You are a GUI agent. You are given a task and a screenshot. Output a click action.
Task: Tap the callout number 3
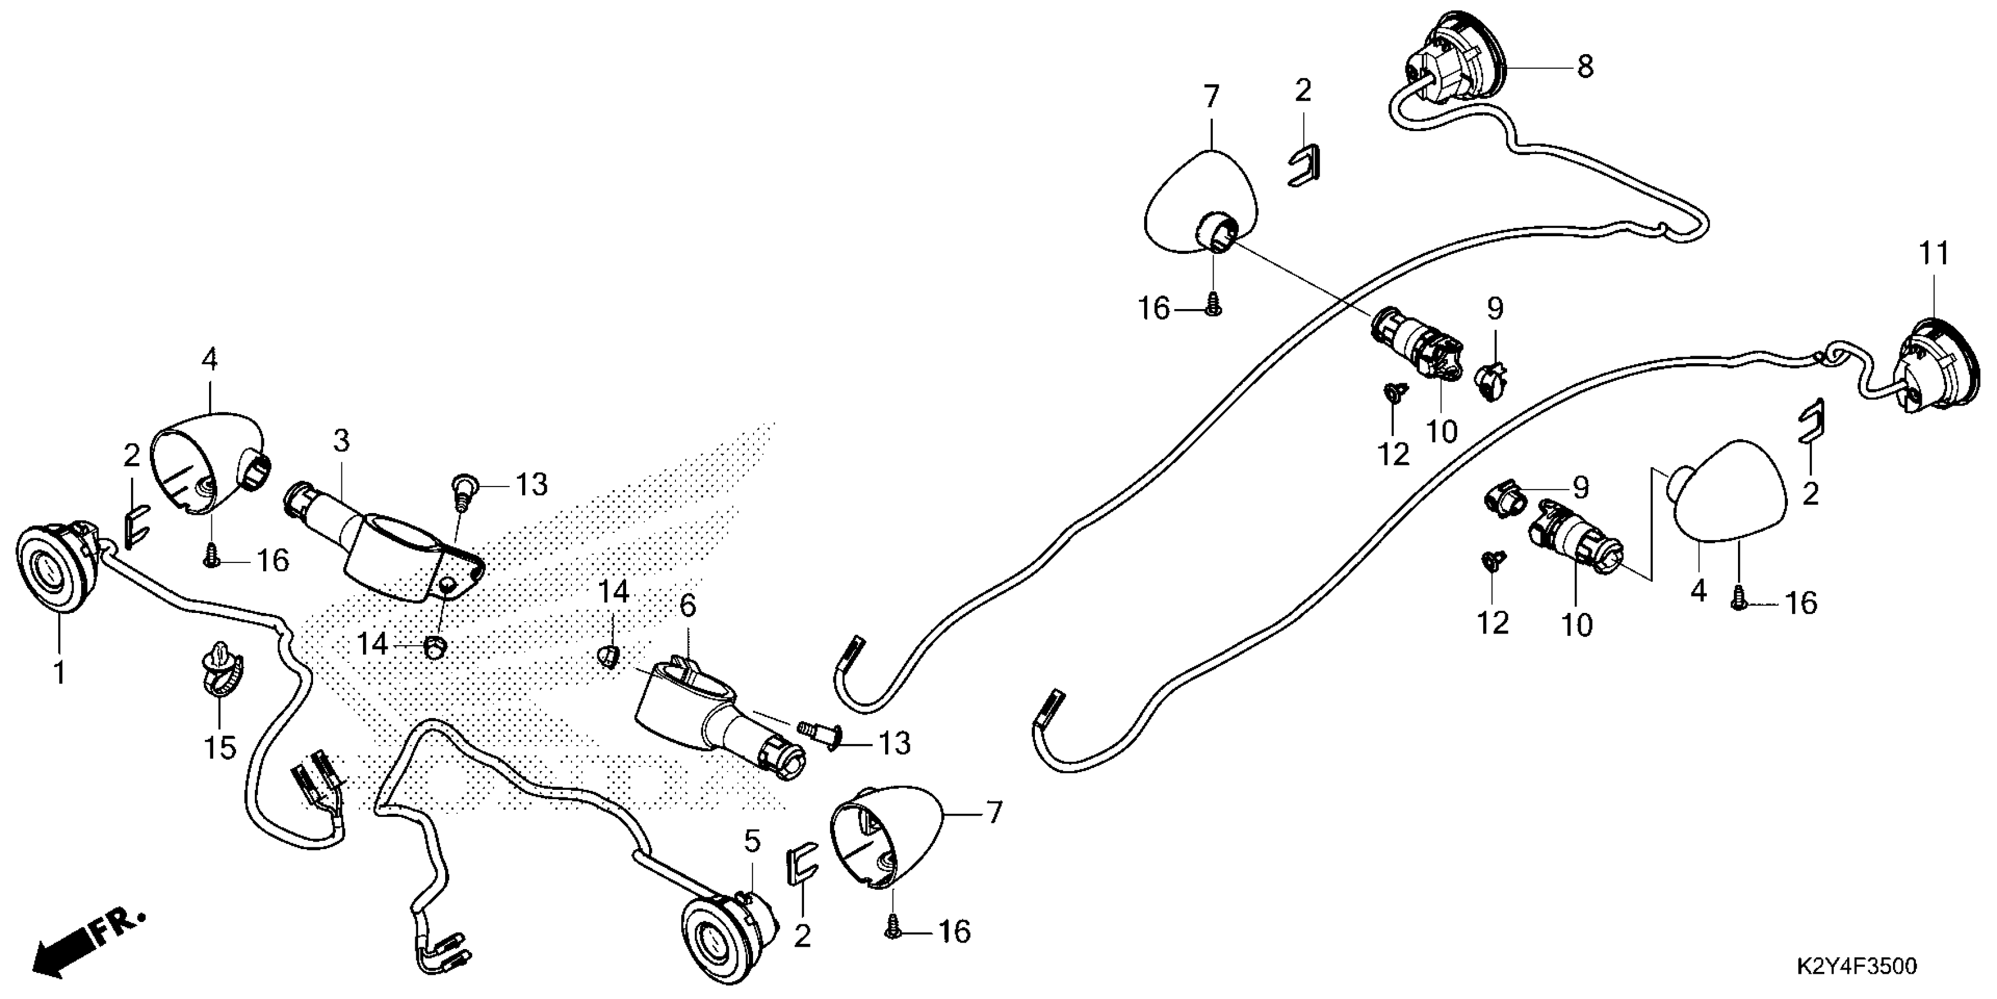341,441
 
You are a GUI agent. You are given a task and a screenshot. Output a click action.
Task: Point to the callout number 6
688,606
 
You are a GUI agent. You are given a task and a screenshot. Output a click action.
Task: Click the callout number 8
1585,67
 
